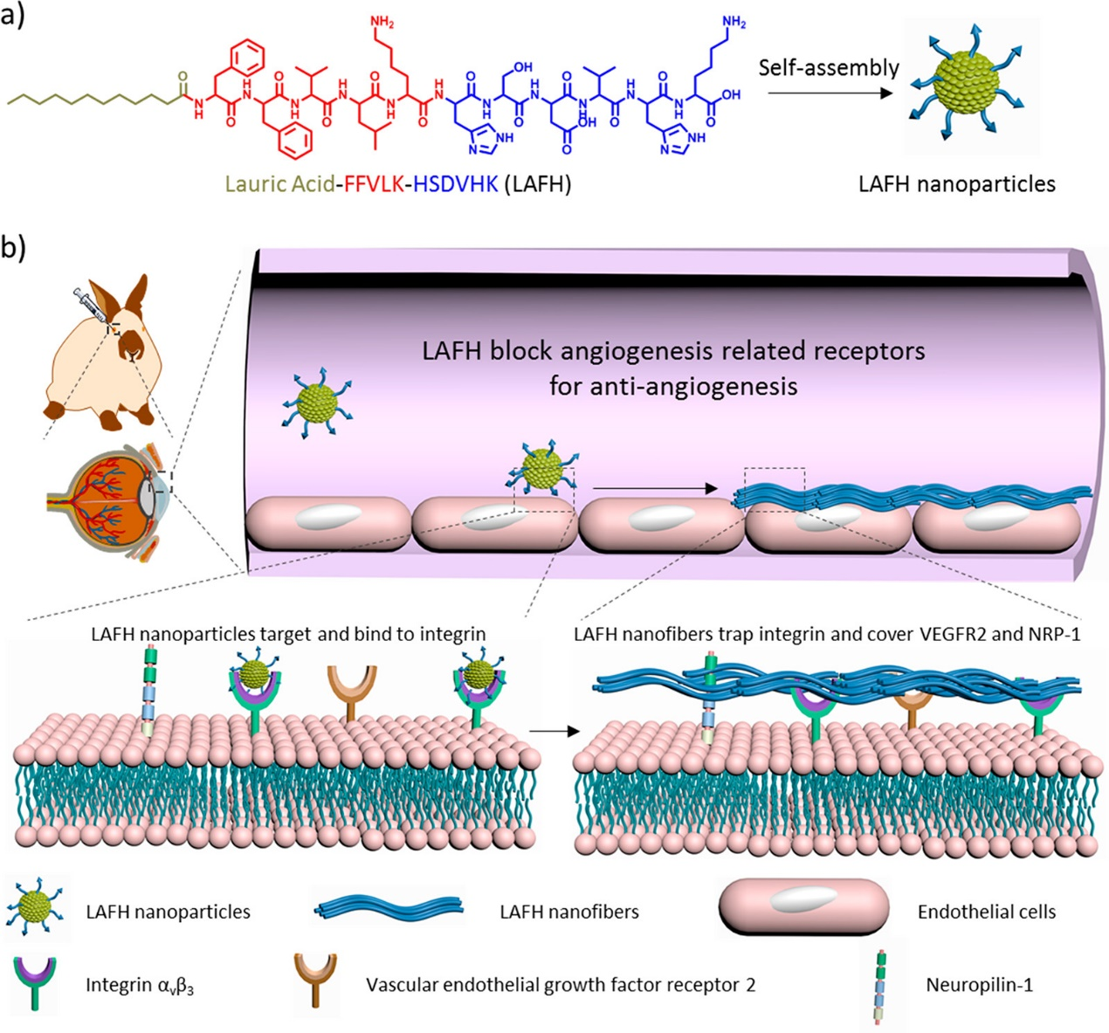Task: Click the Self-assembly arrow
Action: pos(830,92)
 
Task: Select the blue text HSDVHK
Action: pos(455,184)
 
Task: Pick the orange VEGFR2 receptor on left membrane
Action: pos(352,690)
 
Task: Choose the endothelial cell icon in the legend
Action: pos(803,910)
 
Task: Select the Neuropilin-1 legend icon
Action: pos(881,985)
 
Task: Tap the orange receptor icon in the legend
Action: pos(314,981)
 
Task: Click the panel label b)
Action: pos(13,247)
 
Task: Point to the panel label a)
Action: pos(13,16)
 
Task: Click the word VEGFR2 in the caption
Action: pos(947,634)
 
